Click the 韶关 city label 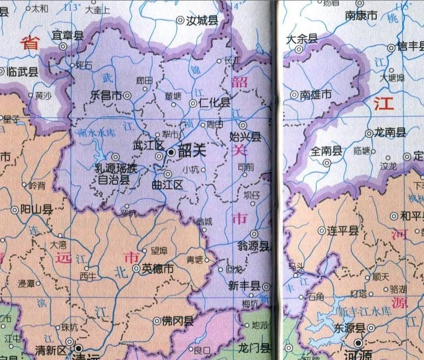click(x=192, y=151)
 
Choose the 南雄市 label click(x=316, y=95)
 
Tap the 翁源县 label click(x=253, y=246)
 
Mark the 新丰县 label click(x=244, y=286)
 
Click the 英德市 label click(x=157, y=269)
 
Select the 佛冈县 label click(x=178, y=321)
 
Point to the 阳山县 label click(x=37, y=209)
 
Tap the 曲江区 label click(x=168, y=185)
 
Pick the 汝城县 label click(x=202, y=20)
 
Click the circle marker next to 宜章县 click(x=63, y=46)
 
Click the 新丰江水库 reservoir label click(x=365, y=312)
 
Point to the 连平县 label click(x=343, y=231)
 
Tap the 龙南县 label click(x=390, y=133)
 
